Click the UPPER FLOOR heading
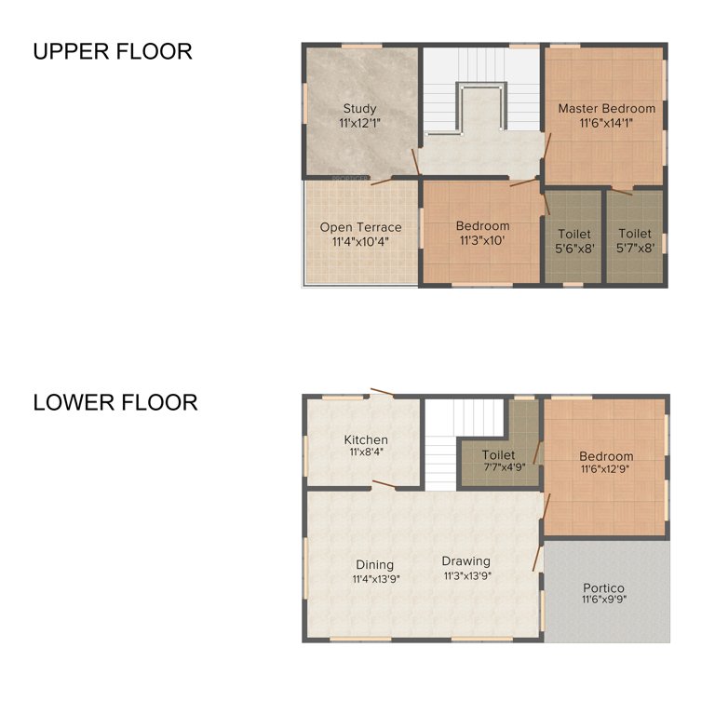113,51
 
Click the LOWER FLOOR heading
115,402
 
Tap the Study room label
359,108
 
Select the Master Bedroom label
606,108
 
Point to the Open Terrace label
360,227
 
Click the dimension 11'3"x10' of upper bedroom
482,240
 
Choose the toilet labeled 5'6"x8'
573,234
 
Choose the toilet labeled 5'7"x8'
635,234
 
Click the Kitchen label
366,439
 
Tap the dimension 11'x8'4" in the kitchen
366,452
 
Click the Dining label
374,564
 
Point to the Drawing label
465,561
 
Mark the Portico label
603,587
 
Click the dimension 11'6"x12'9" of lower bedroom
606,469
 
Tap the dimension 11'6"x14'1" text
606,122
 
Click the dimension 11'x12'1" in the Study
359,122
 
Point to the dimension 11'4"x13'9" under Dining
374,578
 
